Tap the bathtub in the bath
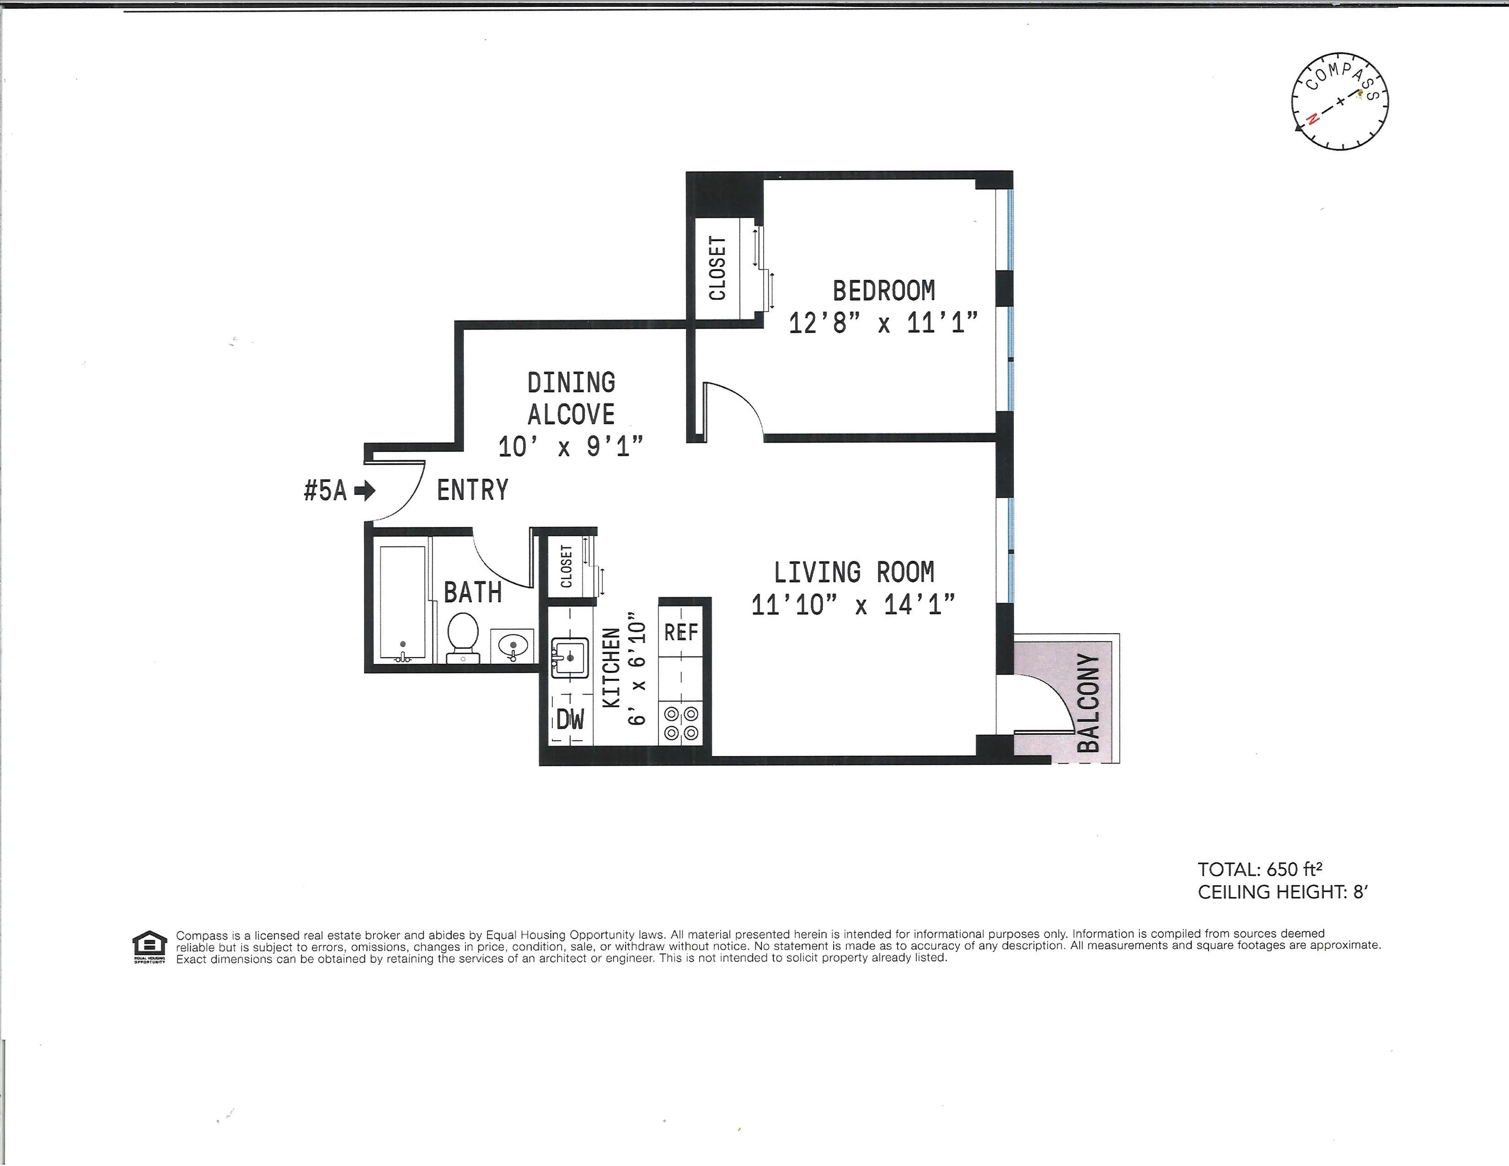[x=403, y=603]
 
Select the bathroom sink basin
[x=513, y=645]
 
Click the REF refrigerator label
[x=680, y=632]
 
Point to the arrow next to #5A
[x=365, y=491]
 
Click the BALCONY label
[x=1088, y=702]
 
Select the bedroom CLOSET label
[x=717, y=268]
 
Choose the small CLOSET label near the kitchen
[x=566, y=567]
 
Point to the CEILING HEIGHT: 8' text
[x=1282, y=892]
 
